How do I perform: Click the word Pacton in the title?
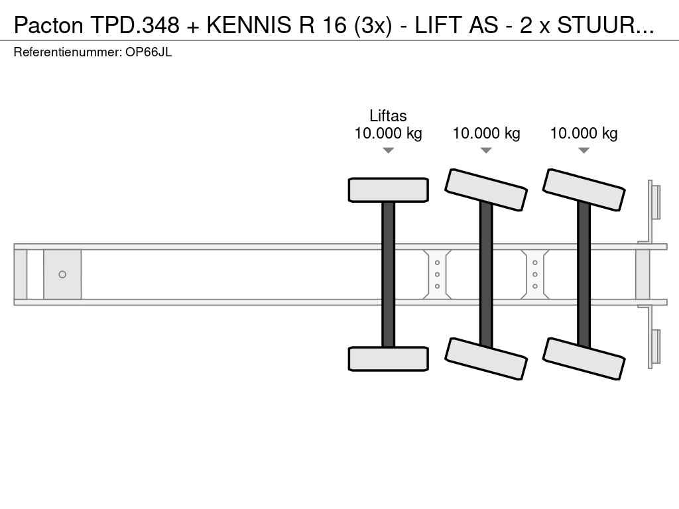[48, 25]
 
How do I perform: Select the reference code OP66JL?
[149, 52]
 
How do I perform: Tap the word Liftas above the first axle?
[388, 116]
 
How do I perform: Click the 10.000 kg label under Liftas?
[388, 133]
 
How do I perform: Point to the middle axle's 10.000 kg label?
[486, 133]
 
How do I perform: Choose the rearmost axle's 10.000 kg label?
[584, 133]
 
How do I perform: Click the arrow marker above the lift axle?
[389, 150]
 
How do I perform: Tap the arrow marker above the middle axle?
[486, 150]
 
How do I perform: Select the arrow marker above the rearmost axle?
[584, 150]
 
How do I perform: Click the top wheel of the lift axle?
[389, 190]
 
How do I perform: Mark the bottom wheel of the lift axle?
[389, 359]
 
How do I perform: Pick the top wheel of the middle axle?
[486, 190]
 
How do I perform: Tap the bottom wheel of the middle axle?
[486, 359]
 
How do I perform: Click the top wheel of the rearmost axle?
[584, 190]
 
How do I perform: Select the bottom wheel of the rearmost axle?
[584, 359]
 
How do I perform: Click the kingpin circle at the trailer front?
[62, 274]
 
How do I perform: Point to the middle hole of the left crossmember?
[438, 274]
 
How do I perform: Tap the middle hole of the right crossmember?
[535, 274]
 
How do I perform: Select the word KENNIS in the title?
[249, 25]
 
